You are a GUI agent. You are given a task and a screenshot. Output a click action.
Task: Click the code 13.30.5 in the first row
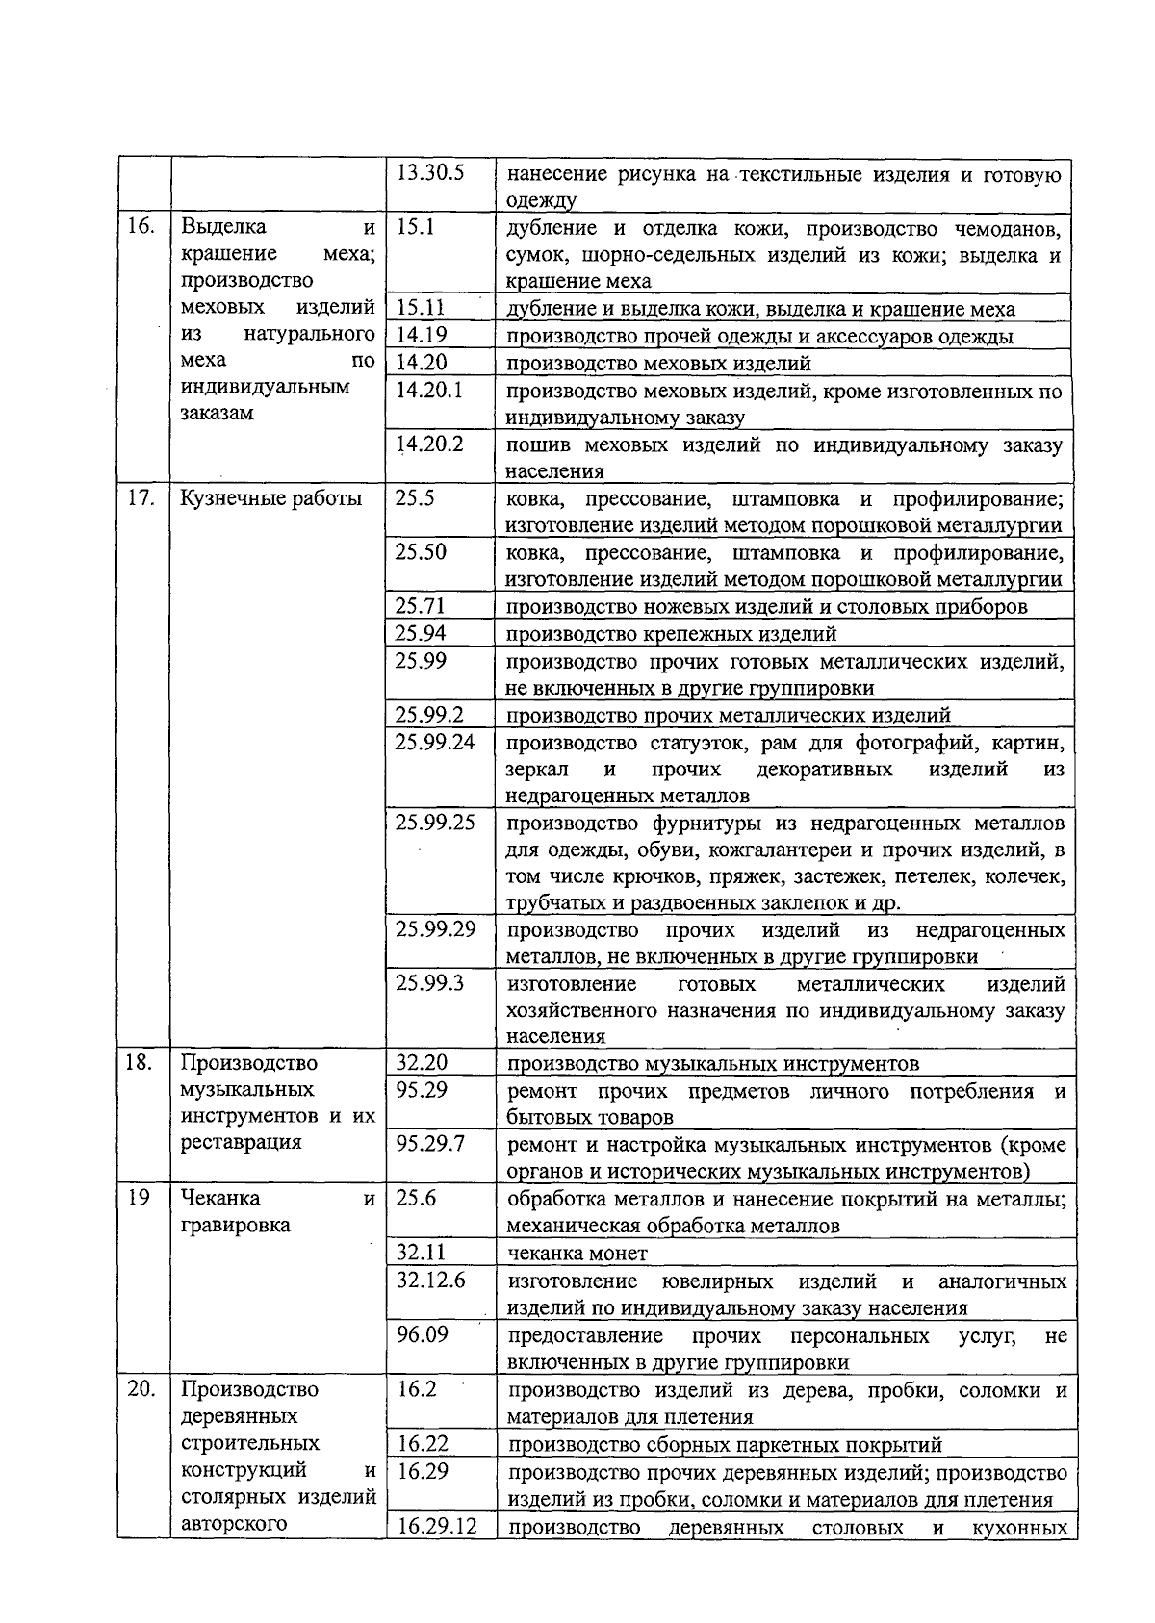(430, 174)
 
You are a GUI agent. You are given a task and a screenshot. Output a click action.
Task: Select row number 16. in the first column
(141, 227)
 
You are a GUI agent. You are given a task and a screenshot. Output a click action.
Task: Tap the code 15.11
(421, 308)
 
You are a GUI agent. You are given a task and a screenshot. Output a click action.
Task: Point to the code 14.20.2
(429, 444)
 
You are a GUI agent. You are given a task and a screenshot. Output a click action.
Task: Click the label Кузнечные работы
(271, 498)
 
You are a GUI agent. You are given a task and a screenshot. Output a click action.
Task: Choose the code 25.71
(421, 606)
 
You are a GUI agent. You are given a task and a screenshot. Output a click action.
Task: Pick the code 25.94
(421, 633)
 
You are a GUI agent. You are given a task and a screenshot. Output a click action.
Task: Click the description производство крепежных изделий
(671, 633)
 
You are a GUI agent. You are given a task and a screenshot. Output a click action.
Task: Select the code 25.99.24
(435, 742)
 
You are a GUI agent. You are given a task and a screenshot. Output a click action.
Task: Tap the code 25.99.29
(435, 929)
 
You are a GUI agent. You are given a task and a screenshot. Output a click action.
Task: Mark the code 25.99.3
(429, 983)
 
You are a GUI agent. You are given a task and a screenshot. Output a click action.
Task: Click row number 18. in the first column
(141, 1063)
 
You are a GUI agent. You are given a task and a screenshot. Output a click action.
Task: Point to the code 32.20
(422, 1063)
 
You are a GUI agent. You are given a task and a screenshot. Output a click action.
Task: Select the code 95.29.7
(430, 1144)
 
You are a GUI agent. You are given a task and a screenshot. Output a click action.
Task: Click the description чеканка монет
(577, 1253)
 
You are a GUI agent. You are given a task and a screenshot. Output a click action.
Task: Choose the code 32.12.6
(430, 1281)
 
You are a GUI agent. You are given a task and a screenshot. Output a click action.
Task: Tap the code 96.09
(422, 1334)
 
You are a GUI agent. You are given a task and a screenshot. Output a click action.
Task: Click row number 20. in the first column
(141, 1389)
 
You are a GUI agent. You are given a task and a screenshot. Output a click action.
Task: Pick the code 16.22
(422, 1444)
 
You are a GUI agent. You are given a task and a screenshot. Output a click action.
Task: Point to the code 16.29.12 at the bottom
(436, 1528)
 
